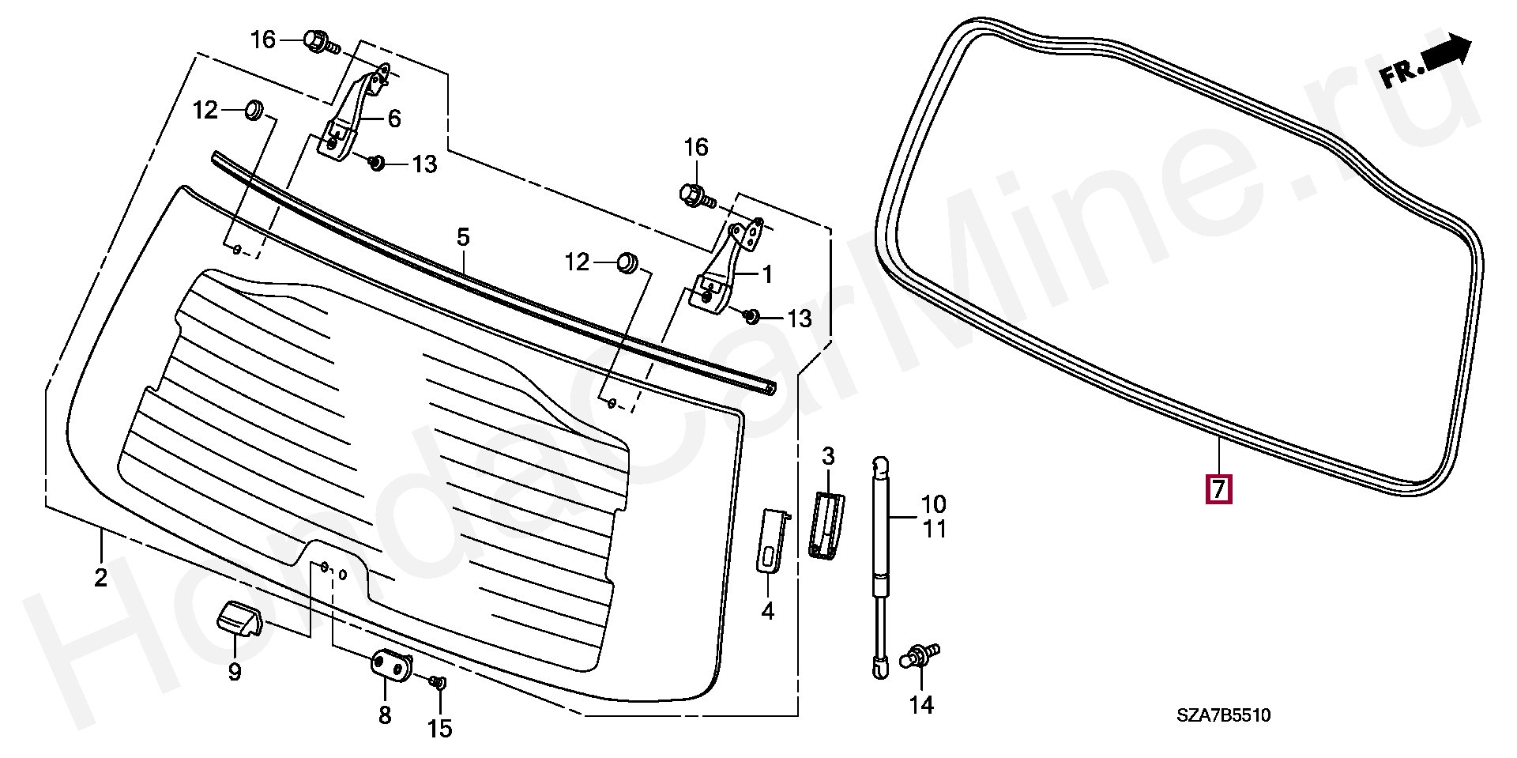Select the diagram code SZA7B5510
(1223, 715)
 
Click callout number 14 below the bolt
(922, 705)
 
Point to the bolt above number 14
(922, 655)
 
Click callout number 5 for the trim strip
(463, 236)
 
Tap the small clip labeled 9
(238, 617)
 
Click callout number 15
(440, 728)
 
